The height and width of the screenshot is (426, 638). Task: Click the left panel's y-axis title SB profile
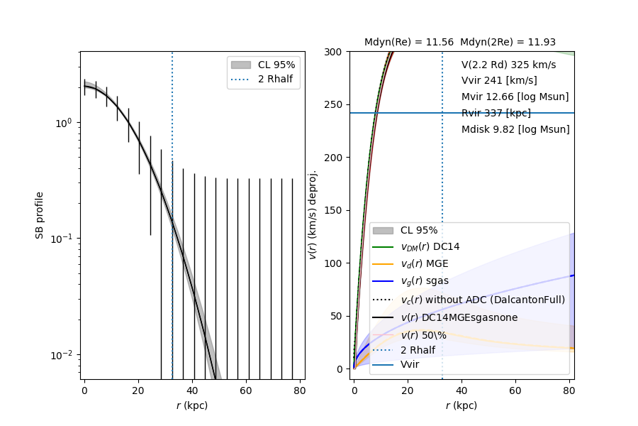click(40, 214)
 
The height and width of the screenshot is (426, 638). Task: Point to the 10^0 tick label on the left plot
click(64, 122)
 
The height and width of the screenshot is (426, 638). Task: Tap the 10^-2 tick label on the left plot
click(62, 355)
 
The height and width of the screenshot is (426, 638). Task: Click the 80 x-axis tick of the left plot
click(300, 391)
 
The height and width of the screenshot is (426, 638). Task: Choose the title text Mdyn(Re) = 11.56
click(408, 43)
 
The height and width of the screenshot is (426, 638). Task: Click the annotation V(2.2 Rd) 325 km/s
click(508, 65)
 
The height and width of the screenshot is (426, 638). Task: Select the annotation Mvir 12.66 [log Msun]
click(515, 97)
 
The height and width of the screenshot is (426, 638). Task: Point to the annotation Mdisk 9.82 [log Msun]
click(515, 129)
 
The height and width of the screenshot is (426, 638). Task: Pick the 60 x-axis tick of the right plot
click(515, 391)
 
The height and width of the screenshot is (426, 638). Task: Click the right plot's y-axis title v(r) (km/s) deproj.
click(313, 214)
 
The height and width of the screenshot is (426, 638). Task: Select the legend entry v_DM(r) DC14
click(430, 246)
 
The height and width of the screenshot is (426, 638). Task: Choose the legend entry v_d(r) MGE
click(424, 264)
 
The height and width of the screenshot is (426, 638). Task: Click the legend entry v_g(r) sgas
click(424, 281)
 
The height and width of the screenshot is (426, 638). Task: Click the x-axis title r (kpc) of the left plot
click(192, 405)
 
